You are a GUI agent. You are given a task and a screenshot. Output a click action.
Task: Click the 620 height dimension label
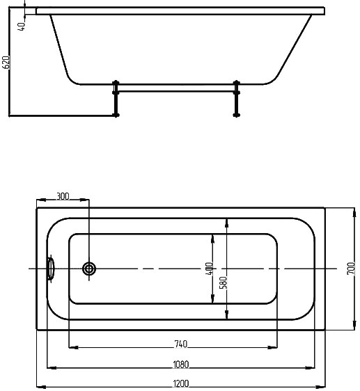(6, 62)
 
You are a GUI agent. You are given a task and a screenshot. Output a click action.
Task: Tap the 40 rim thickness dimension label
(22, 26)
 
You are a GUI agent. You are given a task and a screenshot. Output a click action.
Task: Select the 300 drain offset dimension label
(63, 196)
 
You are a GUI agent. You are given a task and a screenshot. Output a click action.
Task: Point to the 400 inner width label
(210, 269)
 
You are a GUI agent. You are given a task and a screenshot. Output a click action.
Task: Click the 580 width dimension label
(224, 282)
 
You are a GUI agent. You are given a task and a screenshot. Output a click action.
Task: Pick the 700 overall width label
(351, 269)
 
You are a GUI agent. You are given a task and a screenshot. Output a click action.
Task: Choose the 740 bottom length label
(180, 344)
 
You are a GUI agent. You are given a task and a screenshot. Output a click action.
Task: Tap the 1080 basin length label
(181, 365)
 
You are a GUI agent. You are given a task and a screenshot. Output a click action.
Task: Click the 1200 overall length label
(181, 383)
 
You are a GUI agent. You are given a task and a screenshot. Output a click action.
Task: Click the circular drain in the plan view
(89, 269)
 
